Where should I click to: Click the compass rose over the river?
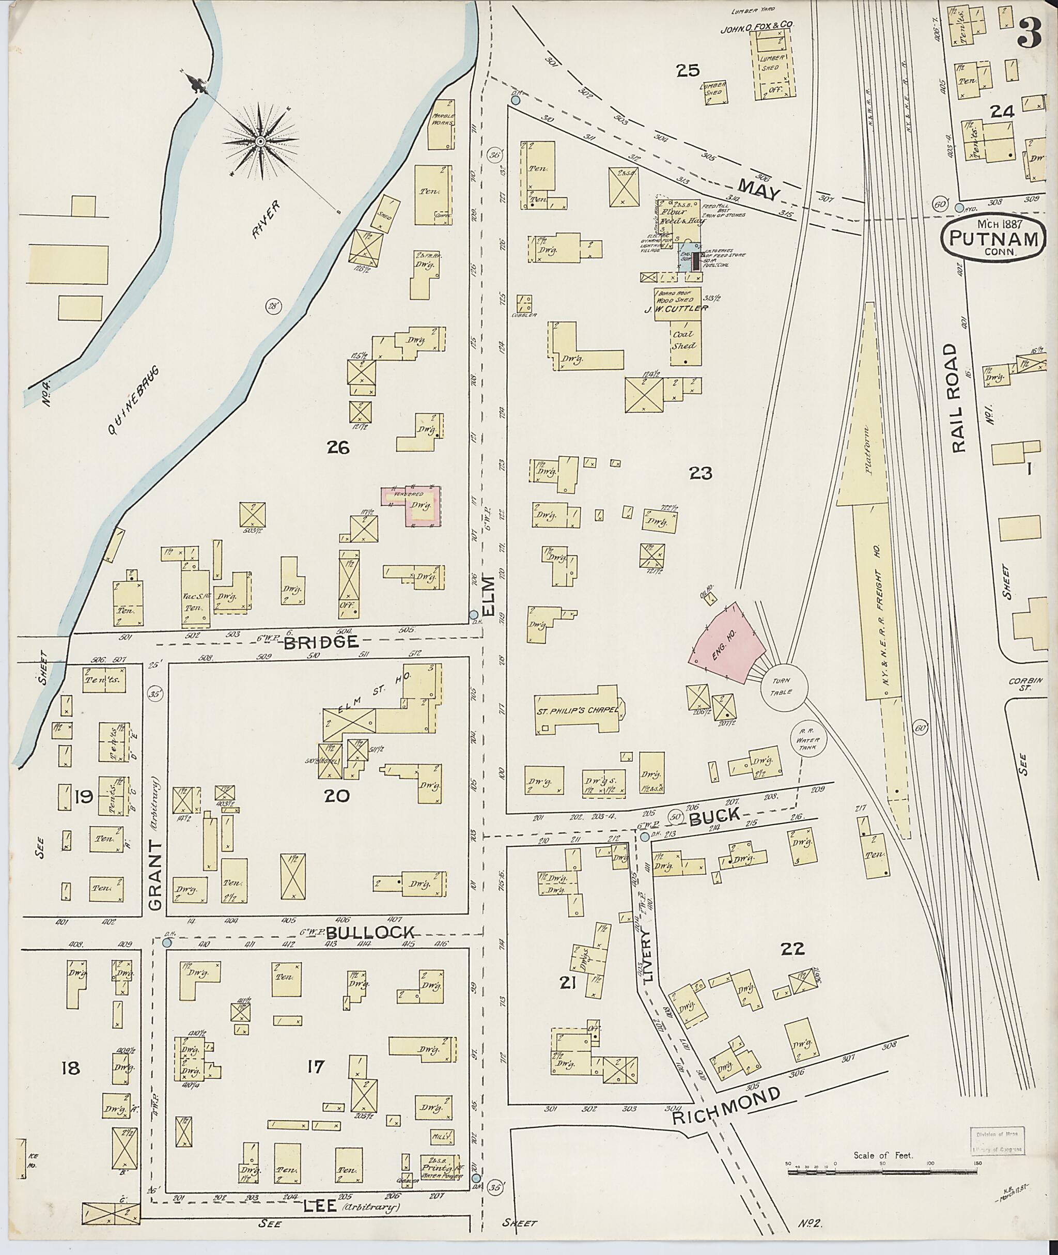pos(260,141)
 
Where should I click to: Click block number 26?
pos(338,447)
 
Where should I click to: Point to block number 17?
pos(316,1066)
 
